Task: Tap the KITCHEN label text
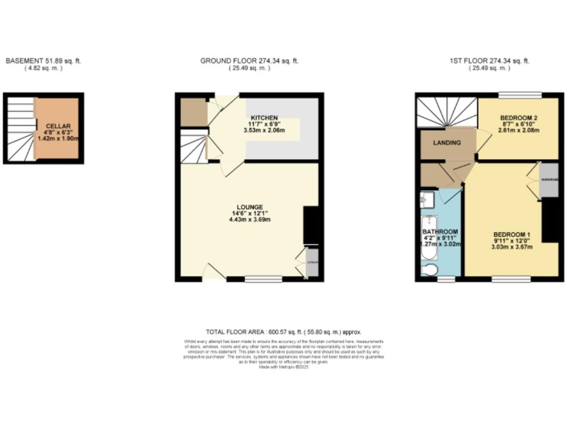pyautogui.click(x=264, y=118)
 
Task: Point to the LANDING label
pyautogui.click(x=447, y=143)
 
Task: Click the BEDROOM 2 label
pyautogui.click(x=518, y=118)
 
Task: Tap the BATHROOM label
pyautogui.click(x=440, y=231)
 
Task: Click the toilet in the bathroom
pyautogui.click(x=429, y=268)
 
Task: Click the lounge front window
pyautogui.click(x=263, y=280)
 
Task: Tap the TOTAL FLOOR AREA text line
pyautogui.click(x=283, y=333)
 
